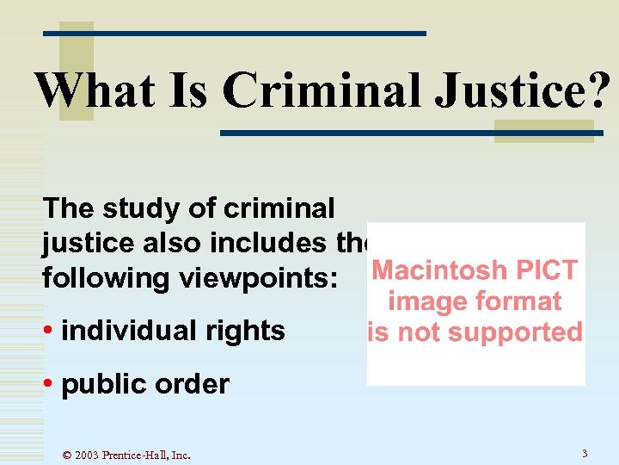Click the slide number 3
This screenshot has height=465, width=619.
pos(585,453)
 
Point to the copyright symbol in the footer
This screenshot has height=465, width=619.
pos(68,455)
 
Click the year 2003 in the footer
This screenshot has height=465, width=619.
pos(87,455)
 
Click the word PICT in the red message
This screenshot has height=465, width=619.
pos(546,270)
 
